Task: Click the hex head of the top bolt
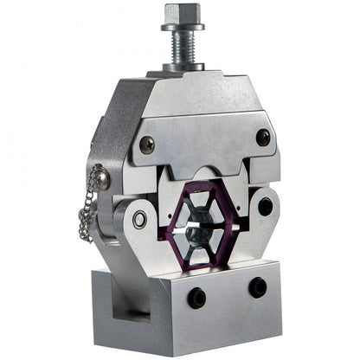click(182, 15)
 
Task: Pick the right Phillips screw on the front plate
click(262, 137)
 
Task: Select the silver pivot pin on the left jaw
click(139, 220)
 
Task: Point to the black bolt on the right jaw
click(265, 207)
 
